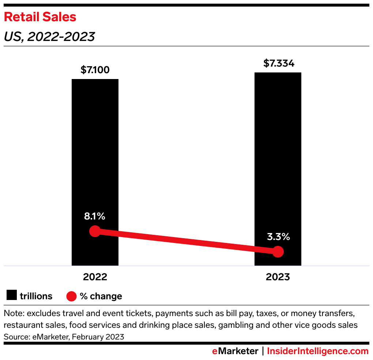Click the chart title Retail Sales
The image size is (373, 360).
click(40, 17)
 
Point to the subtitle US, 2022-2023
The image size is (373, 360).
click(49, 37)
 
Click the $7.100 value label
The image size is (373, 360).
click(95, 70)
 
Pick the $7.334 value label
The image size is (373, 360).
click(279, 63)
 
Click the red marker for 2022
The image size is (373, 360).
click(95, 231)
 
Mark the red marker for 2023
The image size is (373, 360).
click(278, 252)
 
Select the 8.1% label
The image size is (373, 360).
click(95, 216)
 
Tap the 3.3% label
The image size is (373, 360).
click(278, 237)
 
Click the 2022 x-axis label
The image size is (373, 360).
click(95, 277)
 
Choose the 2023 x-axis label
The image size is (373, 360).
click(278, 277)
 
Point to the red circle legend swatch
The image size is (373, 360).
click(72, 296)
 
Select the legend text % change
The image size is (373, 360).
click(101, 296)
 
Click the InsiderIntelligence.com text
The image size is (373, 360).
click(318, 351)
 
